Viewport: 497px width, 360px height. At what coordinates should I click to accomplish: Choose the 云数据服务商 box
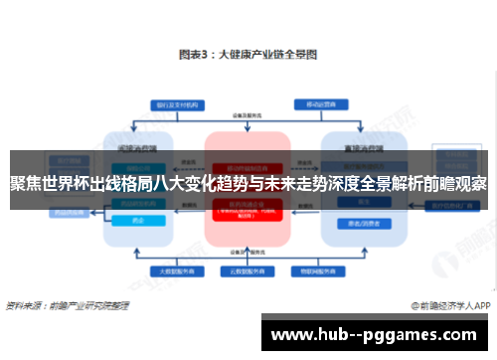248,270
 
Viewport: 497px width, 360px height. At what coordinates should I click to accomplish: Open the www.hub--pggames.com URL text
378,336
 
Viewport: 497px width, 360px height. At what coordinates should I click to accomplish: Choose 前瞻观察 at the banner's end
452,184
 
